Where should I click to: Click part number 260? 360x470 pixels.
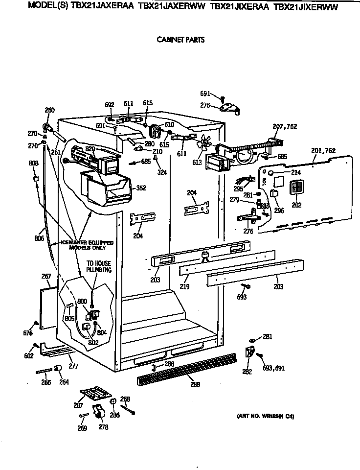click(49, 110)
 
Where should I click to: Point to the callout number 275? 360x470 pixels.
click(205, 105)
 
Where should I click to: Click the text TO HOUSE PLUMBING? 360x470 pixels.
click(99, 266)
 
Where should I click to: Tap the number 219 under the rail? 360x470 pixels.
click(184, 286)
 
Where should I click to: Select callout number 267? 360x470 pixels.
click(46, 277)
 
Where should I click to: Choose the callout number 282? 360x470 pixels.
click(247, 372)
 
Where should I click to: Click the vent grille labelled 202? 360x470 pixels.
click(296, 188)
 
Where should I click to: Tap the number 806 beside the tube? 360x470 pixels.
click(40, 239)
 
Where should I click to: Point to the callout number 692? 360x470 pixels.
click(110, 104)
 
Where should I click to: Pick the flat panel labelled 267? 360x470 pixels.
click(49, 308)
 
